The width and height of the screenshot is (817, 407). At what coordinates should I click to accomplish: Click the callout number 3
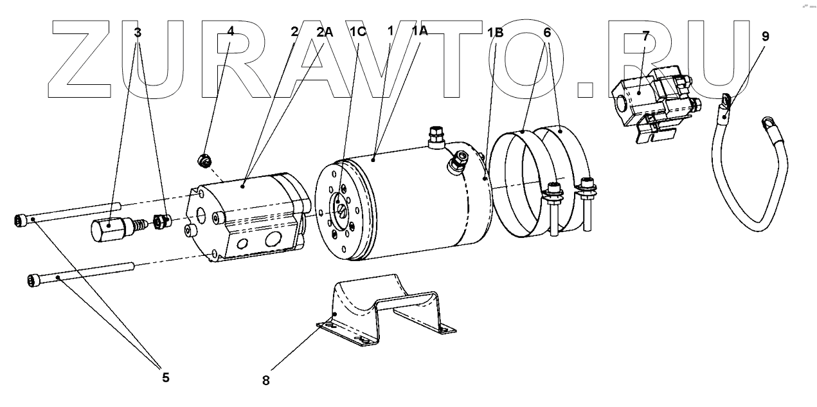coord(138,32)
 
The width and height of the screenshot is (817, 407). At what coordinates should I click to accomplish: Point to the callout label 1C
coord(359,32)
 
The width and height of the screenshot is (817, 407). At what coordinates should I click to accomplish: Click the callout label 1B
coord(496,32)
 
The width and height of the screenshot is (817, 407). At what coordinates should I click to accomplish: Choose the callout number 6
coord(547,32)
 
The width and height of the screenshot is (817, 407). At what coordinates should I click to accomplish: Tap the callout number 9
coord(765,37)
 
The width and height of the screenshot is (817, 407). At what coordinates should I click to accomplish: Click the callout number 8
coord(266,379)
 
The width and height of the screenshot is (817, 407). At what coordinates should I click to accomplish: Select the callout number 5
coord(166,377)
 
